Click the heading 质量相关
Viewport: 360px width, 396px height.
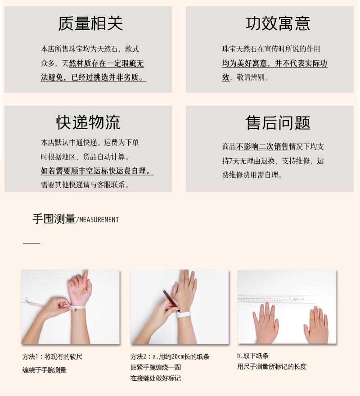click(90, 23)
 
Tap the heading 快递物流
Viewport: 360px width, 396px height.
click(88, 122)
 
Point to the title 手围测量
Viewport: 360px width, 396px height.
click(54, 219)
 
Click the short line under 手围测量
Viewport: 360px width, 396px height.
click(31, 243)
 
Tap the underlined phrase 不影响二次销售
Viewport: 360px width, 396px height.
click(262, 146)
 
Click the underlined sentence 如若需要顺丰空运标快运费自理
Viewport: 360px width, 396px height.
click(96, 171)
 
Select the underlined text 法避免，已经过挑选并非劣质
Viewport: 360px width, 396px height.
click(93, 77)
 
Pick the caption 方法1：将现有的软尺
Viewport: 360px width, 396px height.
click(52, 357)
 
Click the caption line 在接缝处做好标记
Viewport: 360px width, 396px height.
click(156, 378)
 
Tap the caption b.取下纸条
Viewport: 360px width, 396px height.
click(253, 355)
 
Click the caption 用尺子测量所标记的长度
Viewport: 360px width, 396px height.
click(271, 367)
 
